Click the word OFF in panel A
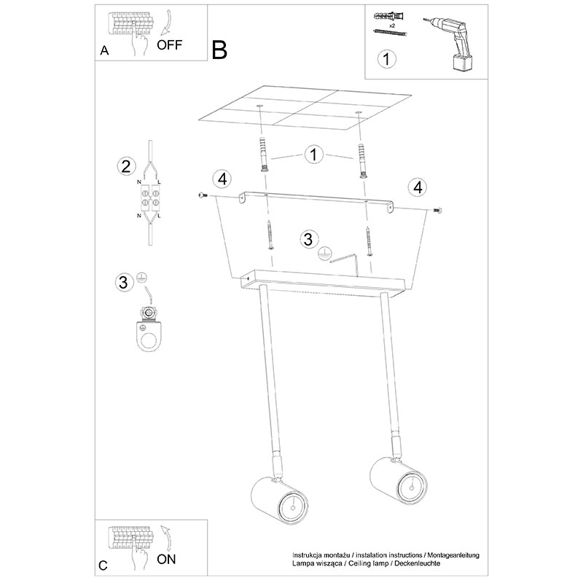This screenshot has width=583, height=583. click(x=170, y=45)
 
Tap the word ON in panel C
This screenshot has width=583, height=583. click(x=166, y=559)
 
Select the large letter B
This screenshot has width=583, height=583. click(x=219, y=50)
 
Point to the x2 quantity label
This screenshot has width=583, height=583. click(x=391, y=26)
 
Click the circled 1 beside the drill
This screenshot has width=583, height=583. click(x=387, y=59)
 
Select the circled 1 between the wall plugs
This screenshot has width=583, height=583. click(x=313, y=154)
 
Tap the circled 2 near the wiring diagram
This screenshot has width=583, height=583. click(x=126, y=166)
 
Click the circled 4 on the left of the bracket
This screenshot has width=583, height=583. click(x=222, y=179)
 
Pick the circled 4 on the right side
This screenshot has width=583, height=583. click(x=418, y=187)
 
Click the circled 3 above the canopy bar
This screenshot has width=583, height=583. click(x=308, y=239)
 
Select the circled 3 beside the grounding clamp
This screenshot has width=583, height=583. click(x=124, y=282)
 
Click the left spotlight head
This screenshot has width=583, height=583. click(x=280, y=501)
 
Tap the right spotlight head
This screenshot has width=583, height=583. click(x=399, y=480)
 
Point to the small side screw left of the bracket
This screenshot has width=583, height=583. click(x=203, y=195)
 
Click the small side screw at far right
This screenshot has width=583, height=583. click(x=438, y=211)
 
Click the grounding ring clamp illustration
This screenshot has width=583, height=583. click(x=149, y=329)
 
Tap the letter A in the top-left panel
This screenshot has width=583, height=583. click(x=104, y=50)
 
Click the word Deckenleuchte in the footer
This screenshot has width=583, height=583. click(x=417, y=563)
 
